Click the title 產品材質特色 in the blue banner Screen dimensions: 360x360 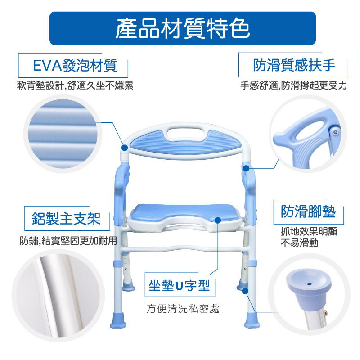click(183, 28)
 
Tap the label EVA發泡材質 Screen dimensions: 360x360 click(75, 65)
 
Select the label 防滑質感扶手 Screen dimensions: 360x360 click(294, 65)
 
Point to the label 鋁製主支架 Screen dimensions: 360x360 click(66, 218)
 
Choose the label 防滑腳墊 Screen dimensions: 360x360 click(308, 211)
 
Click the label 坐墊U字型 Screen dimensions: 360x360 click(179, 286)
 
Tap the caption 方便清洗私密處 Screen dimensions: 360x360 click(183, 309)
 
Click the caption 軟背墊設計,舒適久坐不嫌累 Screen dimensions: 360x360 click(75, 85)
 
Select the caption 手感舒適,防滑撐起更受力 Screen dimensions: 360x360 click(294, 85)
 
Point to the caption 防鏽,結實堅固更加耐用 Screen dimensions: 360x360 click(68, 241)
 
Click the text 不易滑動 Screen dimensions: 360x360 click(299, 243)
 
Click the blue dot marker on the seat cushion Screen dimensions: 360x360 click(218, 220)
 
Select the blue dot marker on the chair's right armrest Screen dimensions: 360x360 click(246, 168)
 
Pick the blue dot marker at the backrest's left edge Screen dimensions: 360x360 click(125, 148)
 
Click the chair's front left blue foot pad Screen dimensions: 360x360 click(118, 320)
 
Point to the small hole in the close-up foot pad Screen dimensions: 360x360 click(309, 284)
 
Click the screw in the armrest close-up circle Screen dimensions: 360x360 click(335, 132)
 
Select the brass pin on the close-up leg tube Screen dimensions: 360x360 click(326, 312)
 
